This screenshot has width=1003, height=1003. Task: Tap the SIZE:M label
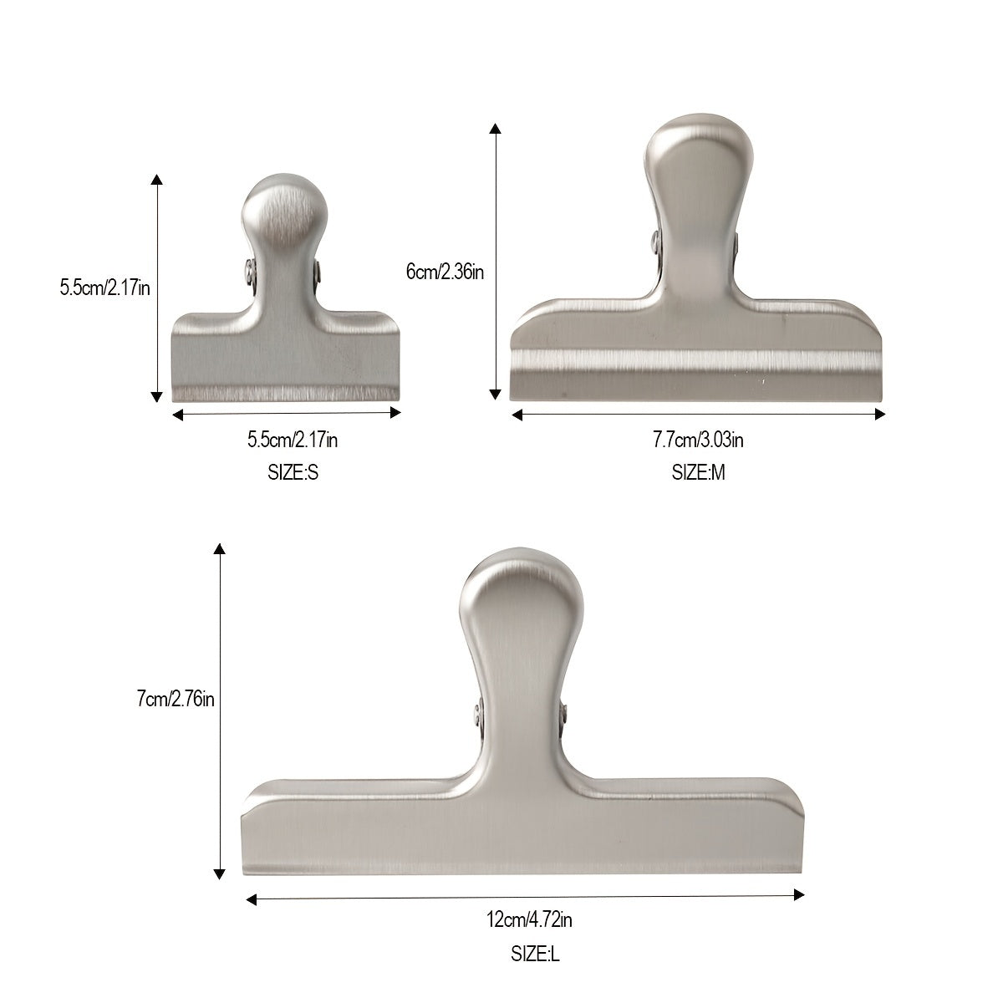click(x=698, y=473)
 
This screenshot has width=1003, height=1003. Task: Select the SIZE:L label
click(x=535, y=954)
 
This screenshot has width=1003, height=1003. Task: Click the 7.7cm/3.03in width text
click(x=698, y=440)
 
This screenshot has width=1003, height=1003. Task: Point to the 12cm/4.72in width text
click(x=529, y=921)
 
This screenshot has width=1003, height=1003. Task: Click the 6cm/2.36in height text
click(x=445, y=271)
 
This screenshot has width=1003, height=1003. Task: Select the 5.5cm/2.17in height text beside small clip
click(x=104, y=288)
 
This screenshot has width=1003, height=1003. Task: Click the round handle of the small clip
click(x=283, y=213)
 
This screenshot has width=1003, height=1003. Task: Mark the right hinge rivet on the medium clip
click(x=737, y=243)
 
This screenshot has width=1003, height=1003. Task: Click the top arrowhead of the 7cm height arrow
click(x=219, y=549)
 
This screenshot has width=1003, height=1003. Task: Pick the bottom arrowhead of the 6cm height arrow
click(x=496, y=392)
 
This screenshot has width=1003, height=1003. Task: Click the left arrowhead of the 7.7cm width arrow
click(x=517, y=414)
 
